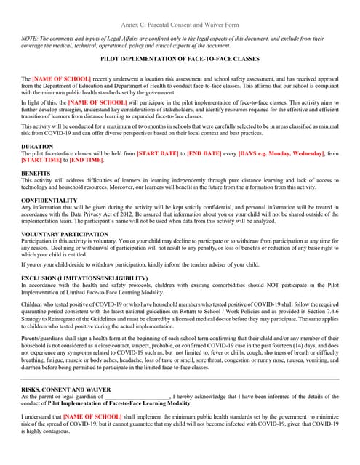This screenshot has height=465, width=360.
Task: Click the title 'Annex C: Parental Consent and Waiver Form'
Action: [180, 24]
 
